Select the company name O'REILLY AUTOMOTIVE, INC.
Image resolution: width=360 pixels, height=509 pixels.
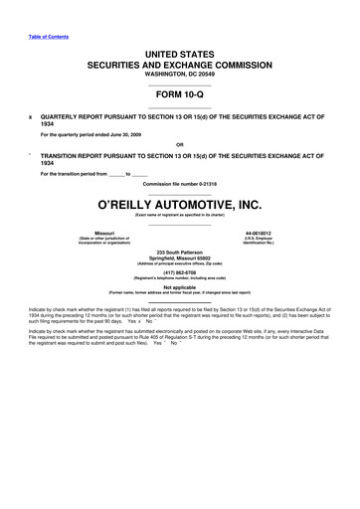click(180, 206)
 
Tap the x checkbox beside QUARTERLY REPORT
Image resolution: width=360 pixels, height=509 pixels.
click(16, 114)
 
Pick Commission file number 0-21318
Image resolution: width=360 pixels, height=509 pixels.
click(180, 186)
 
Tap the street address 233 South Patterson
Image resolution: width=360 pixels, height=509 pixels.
click(180, 251)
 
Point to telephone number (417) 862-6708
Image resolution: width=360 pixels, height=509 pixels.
click(180, 270)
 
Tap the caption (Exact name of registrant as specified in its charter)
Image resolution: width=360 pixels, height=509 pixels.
click(180, 217)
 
